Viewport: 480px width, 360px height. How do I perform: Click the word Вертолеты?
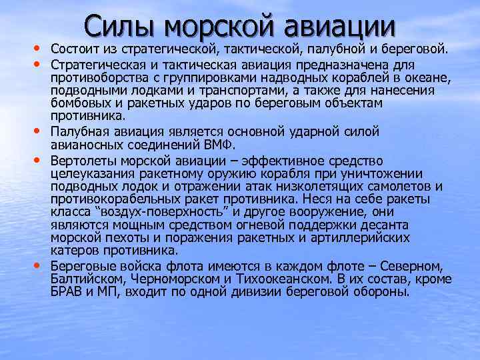point(82,161)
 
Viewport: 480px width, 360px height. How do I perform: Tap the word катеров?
point(73,251)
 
